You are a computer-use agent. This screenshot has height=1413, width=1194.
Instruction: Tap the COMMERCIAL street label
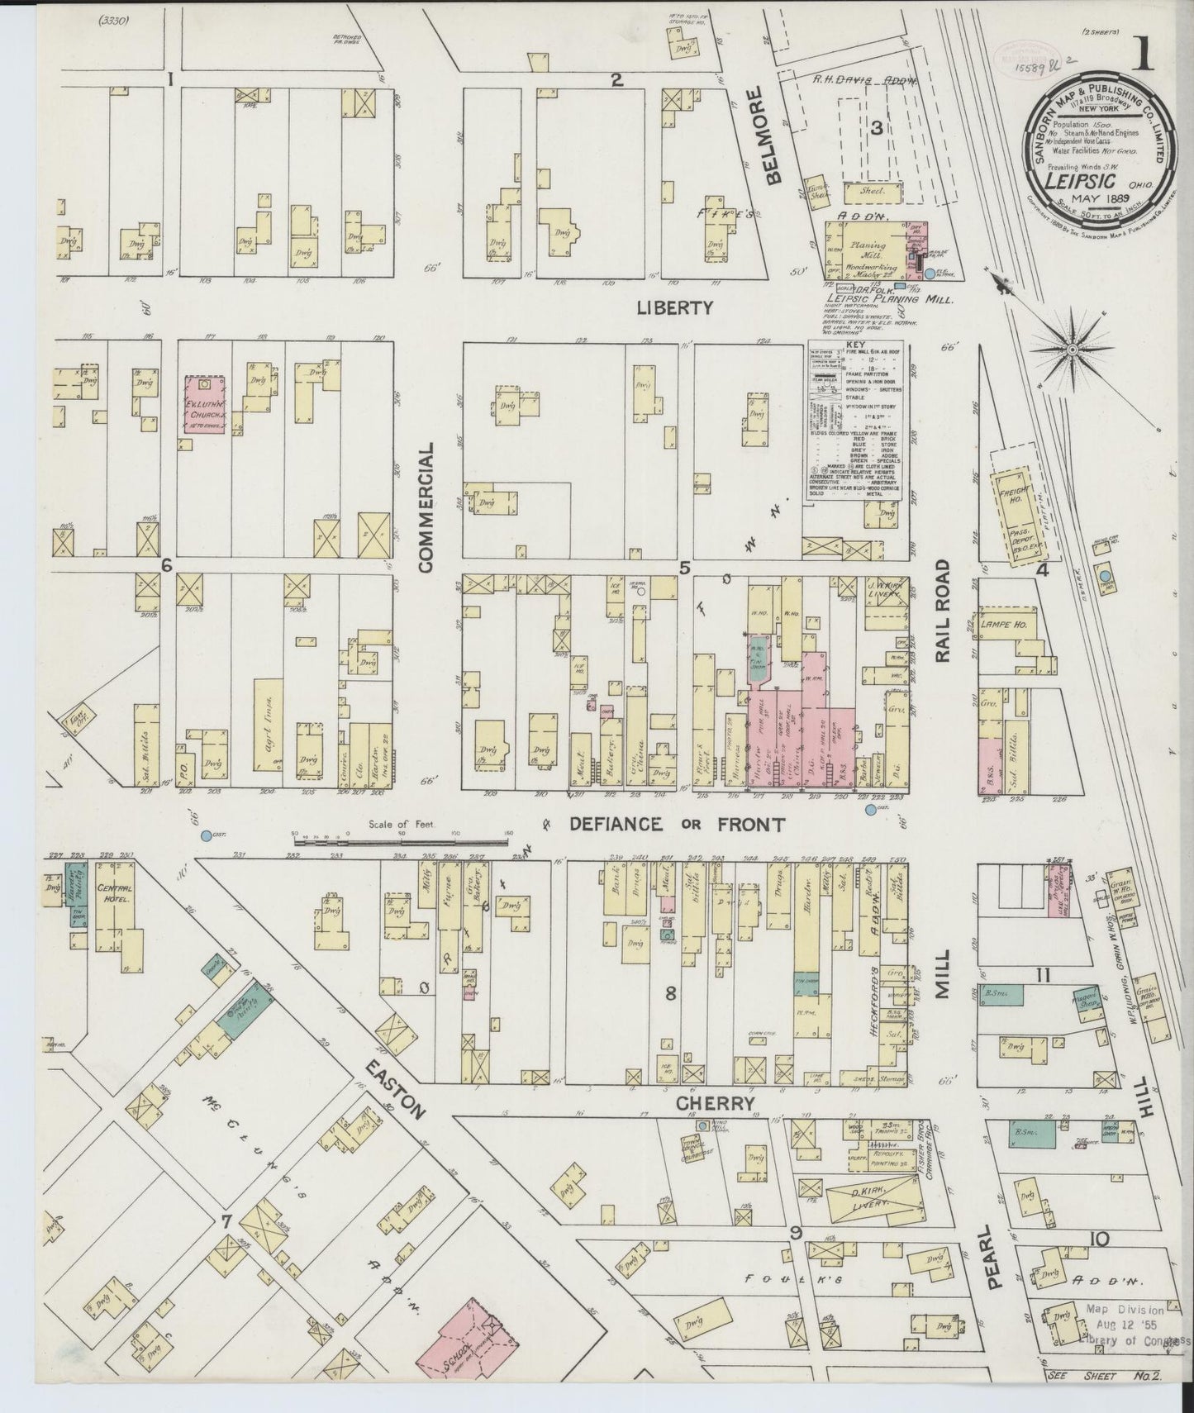tap(426, 506)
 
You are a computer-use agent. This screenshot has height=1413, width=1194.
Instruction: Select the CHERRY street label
tap(715, 1104)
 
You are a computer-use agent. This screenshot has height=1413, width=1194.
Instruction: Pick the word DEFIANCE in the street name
tap(615, 824)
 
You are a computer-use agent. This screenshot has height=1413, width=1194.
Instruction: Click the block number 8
tap(670, 994)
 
